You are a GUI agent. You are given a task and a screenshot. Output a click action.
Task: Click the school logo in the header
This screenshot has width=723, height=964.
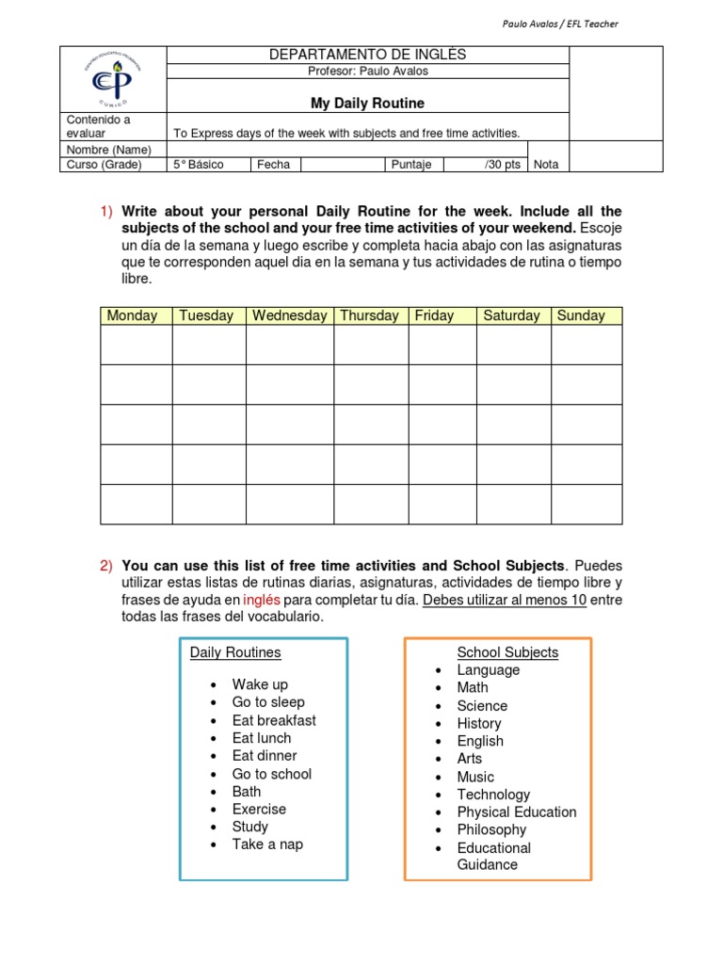(x=113, y=79)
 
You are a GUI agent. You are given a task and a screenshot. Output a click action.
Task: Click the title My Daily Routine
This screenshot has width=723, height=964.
(x=367, y=104)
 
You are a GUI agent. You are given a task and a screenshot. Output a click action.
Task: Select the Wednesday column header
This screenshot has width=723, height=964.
(x=289, y=316)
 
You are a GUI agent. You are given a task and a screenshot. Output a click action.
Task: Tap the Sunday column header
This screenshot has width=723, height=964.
(x=581, y=316)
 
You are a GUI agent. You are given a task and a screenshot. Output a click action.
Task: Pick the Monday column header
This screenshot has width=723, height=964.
(x=133, y=316)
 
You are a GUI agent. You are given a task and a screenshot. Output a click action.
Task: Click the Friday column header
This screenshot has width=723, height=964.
(x=434, y=316)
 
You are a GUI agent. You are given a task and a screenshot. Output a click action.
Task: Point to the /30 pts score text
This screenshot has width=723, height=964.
(x=502, y=165)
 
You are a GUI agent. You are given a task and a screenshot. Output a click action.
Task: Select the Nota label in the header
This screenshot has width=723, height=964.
(x=546, y=165)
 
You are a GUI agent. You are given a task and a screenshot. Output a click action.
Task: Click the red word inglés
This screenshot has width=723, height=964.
(x=262, y=600)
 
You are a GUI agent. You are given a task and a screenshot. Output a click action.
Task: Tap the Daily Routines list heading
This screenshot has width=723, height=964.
(x=235, y=652)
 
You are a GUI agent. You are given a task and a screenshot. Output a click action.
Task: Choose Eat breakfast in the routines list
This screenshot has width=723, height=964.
(x=274, y=720)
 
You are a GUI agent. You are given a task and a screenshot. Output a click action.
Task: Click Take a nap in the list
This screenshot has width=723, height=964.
(x=267, y=844)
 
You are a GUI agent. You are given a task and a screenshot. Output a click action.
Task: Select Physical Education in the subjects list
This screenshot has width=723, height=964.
(x=517, y=812)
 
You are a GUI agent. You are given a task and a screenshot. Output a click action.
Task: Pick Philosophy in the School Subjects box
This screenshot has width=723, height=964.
(x=491, y=830)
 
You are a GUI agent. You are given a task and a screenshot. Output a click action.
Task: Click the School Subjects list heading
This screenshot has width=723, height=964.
(x=507, y=652)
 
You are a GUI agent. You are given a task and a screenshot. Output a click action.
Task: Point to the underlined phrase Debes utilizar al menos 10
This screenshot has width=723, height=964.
(x=505, y=600)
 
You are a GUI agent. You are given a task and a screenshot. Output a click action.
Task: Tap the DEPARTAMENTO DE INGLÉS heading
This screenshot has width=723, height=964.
(x=367, y=56)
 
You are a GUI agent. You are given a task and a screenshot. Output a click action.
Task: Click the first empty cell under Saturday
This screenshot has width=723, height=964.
(x=513, y=345)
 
